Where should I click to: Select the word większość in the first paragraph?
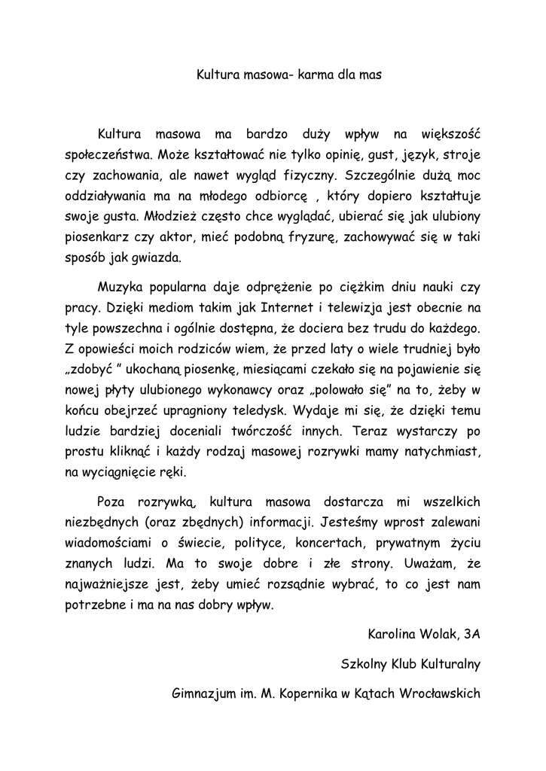coord(450,136)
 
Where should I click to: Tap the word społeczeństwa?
coord(108,157)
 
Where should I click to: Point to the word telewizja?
coord(349,309)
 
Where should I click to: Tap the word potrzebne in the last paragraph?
coord(95,604)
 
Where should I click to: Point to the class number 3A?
coord(471,634)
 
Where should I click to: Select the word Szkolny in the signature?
coord(365,664)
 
